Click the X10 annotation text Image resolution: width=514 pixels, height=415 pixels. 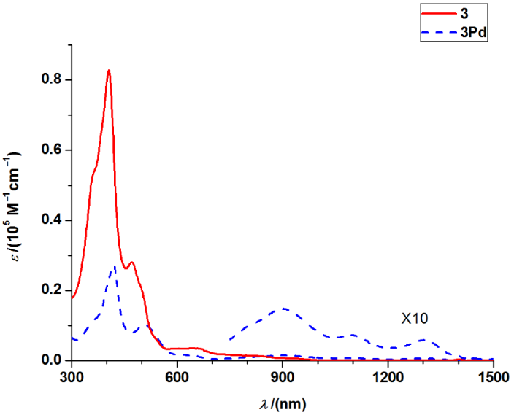[414, 319]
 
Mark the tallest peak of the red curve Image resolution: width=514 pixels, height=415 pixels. [109, 71]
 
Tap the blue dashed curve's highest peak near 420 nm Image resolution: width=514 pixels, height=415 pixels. [114, 268]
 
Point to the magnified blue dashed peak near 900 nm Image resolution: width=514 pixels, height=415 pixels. [283, 309]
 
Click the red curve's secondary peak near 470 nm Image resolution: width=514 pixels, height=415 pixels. [131, 263]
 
